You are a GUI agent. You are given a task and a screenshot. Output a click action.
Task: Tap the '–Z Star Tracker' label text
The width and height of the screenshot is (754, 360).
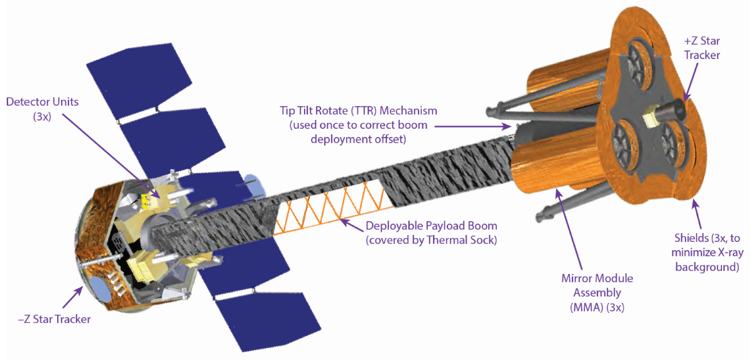[x=54, y=319]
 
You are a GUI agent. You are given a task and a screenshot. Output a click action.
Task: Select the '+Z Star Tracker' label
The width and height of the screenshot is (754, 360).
[x=701, y=48]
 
